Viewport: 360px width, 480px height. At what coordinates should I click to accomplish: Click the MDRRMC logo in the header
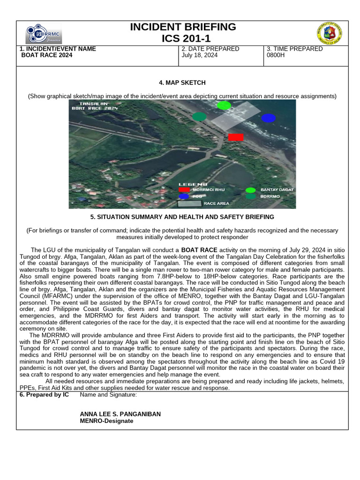[x=44, y=34]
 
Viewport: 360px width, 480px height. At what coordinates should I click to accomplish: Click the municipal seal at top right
[x=329, y=33]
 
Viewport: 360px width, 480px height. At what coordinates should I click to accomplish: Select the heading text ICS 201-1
[x=183, y=38]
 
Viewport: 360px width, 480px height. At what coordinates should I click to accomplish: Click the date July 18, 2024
[x=199, y=55]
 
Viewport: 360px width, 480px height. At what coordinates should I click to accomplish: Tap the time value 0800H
[x=275, y=55]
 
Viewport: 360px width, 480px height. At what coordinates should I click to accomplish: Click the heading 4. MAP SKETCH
[x=182, y=83]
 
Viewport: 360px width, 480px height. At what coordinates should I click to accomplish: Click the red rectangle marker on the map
[x=236, y=137]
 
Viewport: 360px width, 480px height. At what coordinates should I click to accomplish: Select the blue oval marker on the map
[x=269, y=118]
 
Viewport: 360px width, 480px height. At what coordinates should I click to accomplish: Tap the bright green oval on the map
[x=224, y=105]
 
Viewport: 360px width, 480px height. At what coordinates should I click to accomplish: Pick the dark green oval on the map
[x=199, y=116]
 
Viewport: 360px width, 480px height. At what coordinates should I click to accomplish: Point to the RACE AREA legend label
[x=216, y=204]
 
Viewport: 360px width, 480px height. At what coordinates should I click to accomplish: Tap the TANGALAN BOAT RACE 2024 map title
[x=94, y=105]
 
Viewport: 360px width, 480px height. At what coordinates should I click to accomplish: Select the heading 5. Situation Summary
[x=182, y=217]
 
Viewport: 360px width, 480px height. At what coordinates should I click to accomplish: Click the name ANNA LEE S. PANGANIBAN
[x=120, y=414]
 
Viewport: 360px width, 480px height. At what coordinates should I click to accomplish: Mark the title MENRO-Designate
[x=106, y=421]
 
